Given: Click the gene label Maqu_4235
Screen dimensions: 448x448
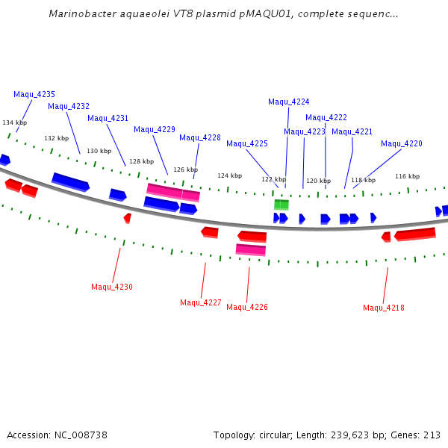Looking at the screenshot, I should (x=34, y=95).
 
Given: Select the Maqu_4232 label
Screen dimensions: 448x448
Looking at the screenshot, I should (x=69, y=107).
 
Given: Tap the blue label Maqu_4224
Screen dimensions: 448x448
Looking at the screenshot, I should (x=289, y=102).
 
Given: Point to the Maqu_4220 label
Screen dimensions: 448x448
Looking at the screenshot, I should (x=402, y=144).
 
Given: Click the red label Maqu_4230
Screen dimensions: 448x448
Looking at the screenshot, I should (x=112, y=287).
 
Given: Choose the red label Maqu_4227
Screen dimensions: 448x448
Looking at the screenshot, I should (x=201, y=303).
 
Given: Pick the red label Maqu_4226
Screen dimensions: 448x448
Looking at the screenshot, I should (x=247, y=308).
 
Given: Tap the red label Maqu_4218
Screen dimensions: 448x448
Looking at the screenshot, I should (x=384, y=308).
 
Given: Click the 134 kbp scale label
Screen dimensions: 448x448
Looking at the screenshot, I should (x=15, y=123).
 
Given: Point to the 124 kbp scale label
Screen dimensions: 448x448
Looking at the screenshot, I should (x=230, y=176).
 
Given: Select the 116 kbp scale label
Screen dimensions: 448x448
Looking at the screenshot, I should (x=408, y=177).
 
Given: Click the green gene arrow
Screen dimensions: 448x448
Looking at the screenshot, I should (x=281, y=205).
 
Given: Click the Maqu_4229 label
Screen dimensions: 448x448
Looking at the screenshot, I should (x=155, y=130).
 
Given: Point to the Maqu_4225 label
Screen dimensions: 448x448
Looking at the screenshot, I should (x=247, y=144).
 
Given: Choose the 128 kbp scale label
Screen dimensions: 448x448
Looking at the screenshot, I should (x=142, y=161).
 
